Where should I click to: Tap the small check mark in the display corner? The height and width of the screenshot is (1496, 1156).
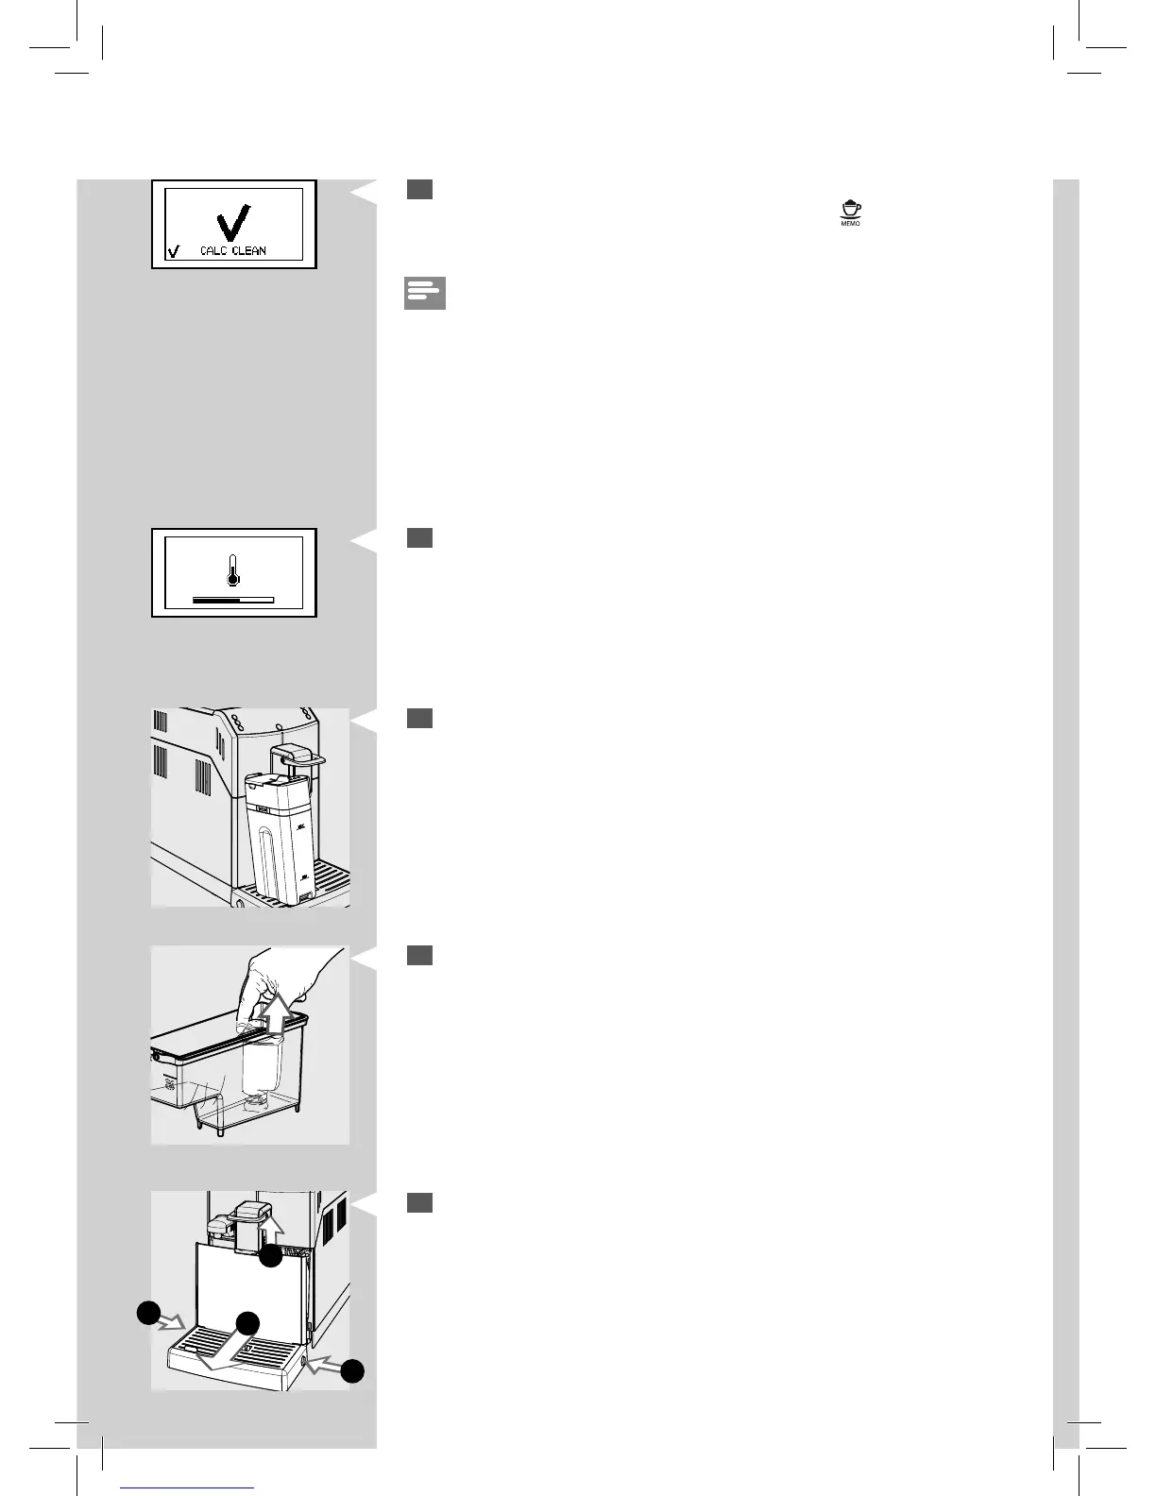point(172,251)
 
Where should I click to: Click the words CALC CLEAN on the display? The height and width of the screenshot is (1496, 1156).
point(233,251)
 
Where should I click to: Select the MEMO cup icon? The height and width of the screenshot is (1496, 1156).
point(851,213)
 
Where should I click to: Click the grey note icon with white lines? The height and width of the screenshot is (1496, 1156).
point(424,294)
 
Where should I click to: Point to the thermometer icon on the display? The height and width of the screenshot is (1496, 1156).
point(233,570)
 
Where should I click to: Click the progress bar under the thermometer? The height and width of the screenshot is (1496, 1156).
point(233,600)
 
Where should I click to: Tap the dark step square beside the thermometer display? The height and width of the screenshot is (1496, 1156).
point(420,538)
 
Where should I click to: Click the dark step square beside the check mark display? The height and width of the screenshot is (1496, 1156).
point(420,190)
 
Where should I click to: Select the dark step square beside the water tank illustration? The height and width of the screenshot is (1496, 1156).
point(420,719)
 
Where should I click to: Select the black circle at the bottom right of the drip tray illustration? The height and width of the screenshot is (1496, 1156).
point(352,1371)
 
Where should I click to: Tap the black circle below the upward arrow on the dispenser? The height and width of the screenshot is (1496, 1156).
point(271,1256)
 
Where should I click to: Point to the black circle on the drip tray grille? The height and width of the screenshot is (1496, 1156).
point(247,1323)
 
